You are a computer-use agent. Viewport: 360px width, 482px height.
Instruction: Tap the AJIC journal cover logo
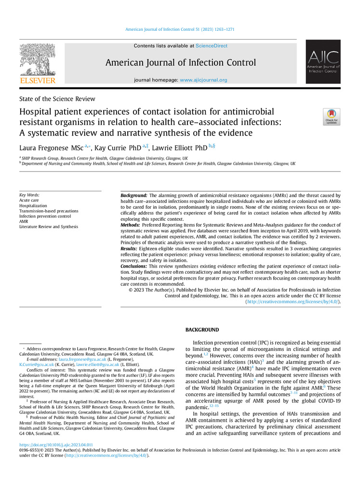click(323, 62)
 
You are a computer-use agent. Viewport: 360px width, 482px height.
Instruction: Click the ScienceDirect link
click(212, 46)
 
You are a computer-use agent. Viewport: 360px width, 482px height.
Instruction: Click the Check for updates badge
click(332, 117)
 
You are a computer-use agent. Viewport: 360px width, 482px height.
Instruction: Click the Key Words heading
click(29, 195)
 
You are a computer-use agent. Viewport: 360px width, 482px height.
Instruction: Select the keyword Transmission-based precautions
click(49, 211)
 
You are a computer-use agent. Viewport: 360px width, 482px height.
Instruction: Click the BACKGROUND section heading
click(202, 330)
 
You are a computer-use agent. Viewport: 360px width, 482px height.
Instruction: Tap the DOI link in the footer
click(56, 445)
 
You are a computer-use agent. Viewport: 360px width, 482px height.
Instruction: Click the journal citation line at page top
click(180, 30)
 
